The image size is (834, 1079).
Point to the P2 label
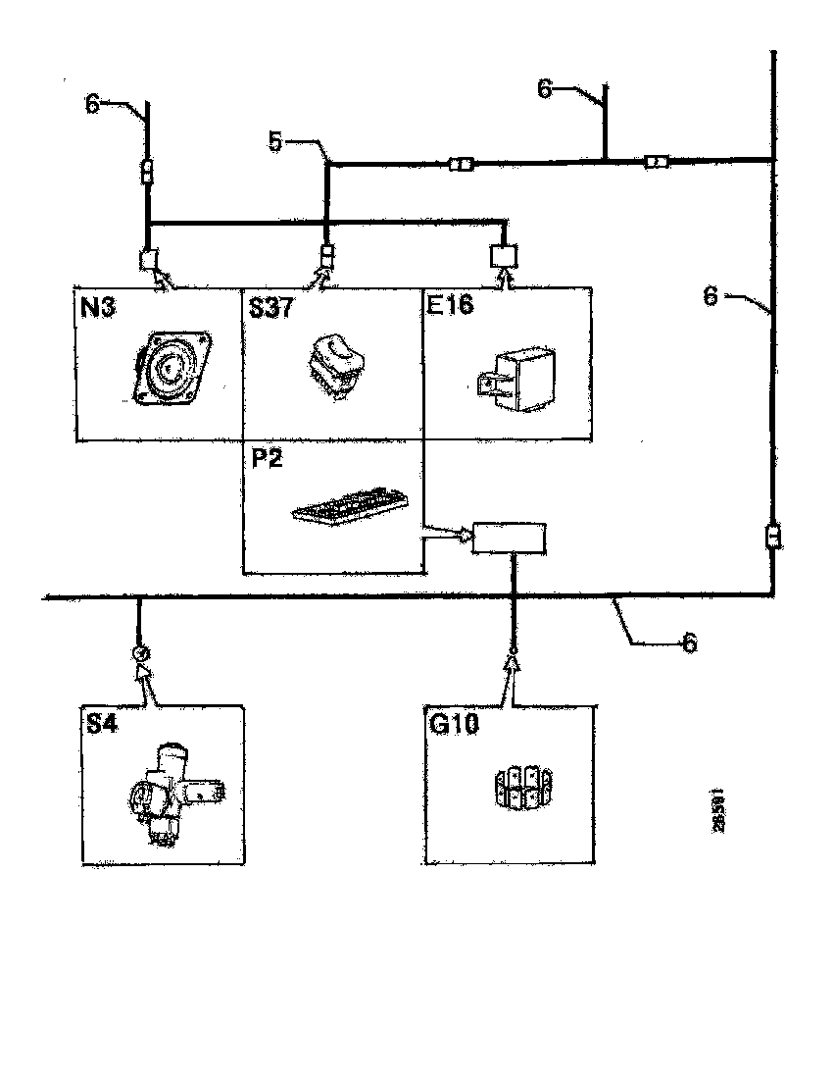pos(267,459)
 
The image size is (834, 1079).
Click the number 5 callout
pos(275,143)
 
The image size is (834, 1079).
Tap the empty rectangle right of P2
pos(509,538)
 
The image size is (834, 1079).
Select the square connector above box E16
pos(504,256)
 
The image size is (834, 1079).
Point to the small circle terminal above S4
pos(140,652)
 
